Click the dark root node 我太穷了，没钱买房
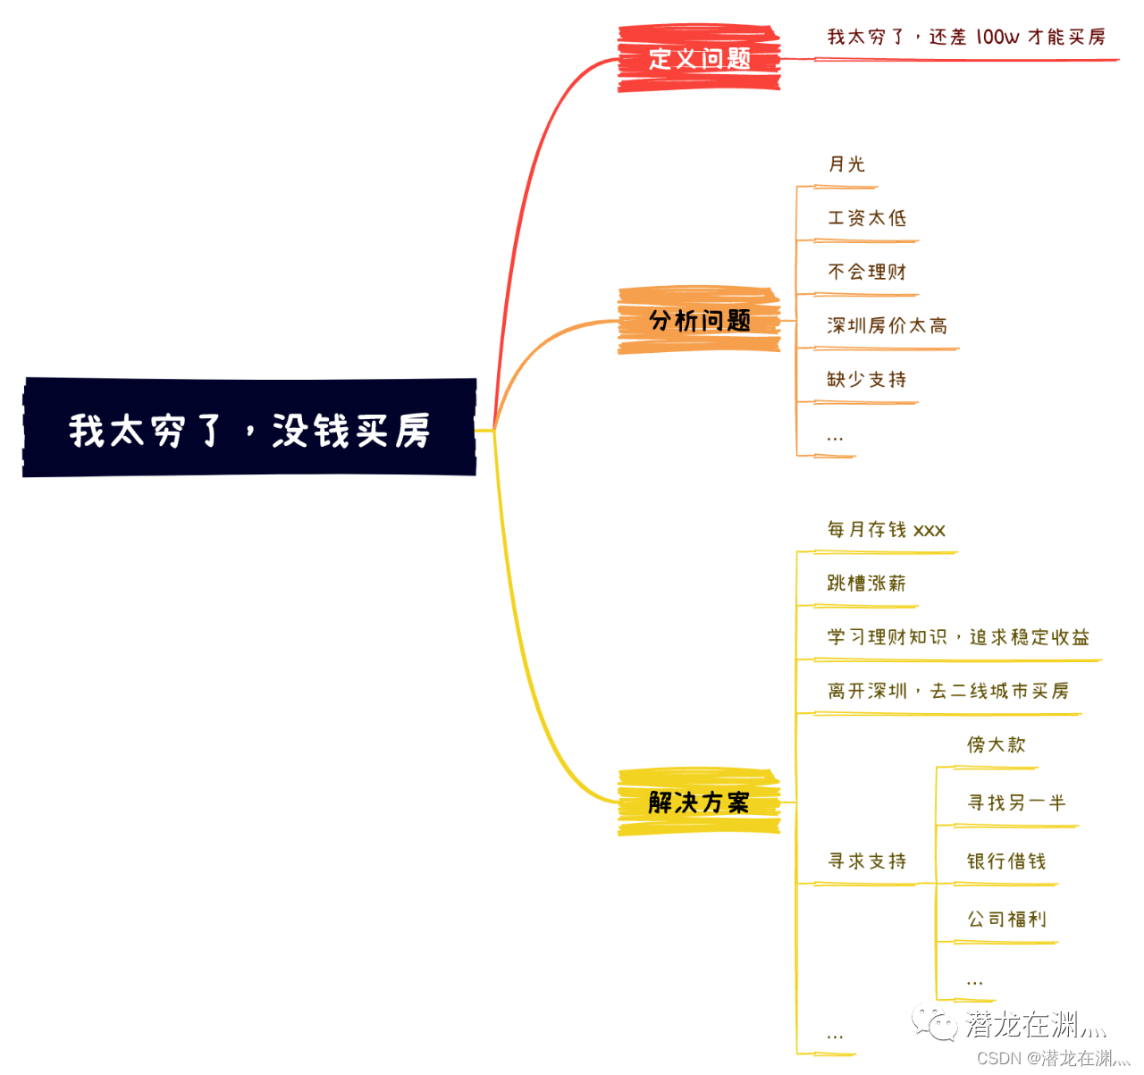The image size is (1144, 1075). (249, 428)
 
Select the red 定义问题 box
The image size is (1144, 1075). (699, 59)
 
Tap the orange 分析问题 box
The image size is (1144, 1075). (699, 321)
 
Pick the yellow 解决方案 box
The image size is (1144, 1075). (699, 802)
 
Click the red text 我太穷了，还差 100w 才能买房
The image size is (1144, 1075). (966, 38)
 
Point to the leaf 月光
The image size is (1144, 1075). (846, 164)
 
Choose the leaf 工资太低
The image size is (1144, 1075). (867, 218)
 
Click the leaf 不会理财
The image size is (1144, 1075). (867, 272)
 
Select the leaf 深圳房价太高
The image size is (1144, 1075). (887, 326)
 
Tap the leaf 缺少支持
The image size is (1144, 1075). (867, 380)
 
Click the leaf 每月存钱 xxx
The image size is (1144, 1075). (887, 530)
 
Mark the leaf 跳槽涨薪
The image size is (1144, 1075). (867, 584)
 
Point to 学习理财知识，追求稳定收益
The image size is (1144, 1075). (958, 637)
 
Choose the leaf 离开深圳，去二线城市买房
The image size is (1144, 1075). (948, 691)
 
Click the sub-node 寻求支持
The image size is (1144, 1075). (867, 861)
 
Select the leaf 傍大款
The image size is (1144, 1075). (997, 744)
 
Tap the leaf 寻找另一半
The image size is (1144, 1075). (1016, 803)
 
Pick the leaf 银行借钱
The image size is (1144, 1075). (1006, 861)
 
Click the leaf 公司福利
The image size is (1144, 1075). (1006, 920)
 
